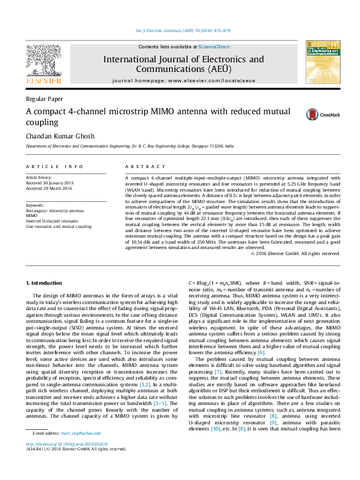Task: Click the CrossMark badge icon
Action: coord(312,114)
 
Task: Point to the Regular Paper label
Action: coord(40,99)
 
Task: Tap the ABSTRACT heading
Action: coord(141,165)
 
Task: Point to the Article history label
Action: coord(39,176)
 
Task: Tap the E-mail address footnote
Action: coord(63,450)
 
